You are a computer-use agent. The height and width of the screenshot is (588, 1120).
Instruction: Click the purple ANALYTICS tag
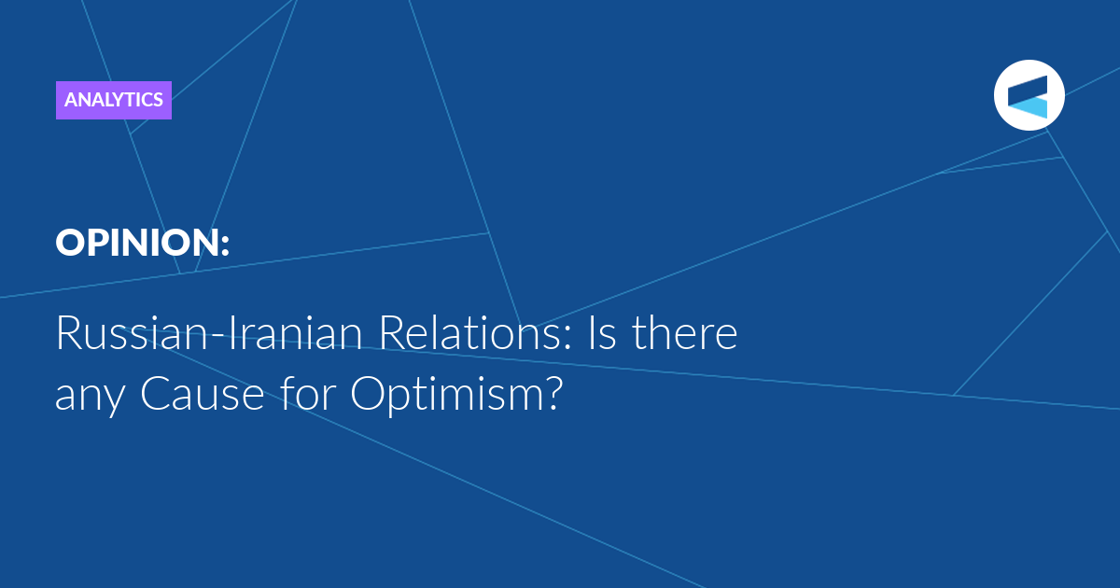pyautogui.click(x=114, y=100)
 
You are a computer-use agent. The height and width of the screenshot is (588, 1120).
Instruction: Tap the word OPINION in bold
pyautogui.click(x=136, y=243)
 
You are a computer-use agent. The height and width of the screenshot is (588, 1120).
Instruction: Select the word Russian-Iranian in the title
pyautogui.click(x=209, y=333)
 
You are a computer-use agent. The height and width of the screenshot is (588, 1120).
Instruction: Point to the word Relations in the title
pyautogui.click(x=470, y=333)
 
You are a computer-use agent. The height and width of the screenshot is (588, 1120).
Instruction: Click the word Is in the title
pyautogui.click(x=601, y=333)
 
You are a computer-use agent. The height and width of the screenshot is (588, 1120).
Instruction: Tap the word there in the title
pyautogui.click(x=685, y=332)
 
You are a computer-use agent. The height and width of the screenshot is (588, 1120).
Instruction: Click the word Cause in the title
pyautogui.click(x=202, y=394)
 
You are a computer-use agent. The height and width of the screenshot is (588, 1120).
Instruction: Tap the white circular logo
pyautogui.click(x=1029, y=95)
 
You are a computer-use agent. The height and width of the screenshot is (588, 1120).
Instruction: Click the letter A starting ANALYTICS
pyautogui.click(x=72, y=100)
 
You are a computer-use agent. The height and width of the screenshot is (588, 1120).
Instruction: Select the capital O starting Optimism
pyautogui.click(x=367, y=393)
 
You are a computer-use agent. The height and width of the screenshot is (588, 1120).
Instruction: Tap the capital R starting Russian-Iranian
pyautogui.click(x=69, y=333)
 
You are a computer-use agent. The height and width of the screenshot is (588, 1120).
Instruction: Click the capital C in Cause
pyautogui.click(x=156, y=394)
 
